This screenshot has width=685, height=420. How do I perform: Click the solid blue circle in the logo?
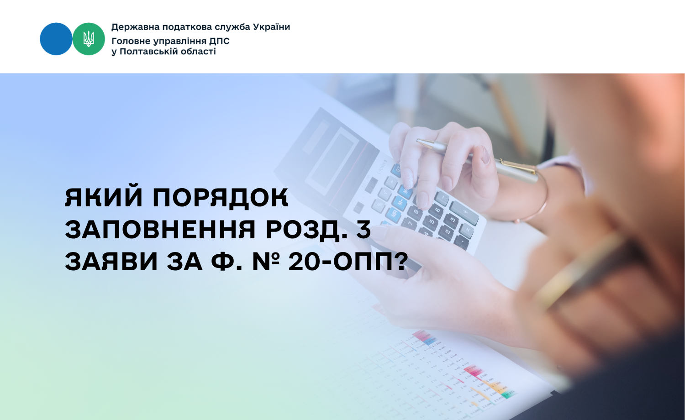(56, 39)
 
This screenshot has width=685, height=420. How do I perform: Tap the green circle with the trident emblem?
(89, 39)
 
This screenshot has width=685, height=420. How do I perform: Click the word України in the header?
(272, 27)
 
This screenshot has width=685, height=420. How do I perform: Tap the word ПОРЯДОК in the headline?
(221, 198)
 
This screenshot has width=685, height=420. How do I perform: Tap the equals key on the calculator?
(467, 231)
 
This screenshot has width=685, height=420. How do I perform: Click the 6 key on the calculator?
(437, 210)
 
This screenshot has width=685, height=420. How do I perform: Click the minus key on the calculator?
(443, 198)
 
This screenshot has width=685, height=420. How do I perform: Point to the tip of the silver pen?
(417, 140)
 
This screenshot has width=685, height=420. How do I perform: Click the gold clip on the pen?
(517, 165)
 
